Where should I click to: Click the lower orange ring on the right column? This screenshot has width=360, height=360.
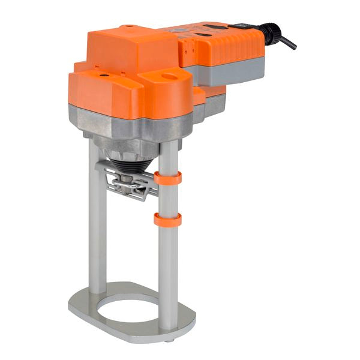pos(167,220)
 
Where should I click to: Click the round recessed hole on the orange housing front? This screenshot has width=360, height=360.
pos(170,77)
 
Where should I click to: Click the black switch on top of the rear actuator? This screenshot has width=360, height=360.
pos(239,25)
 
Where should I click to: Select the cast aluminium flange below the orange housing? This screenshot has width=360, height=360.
pos(126,129)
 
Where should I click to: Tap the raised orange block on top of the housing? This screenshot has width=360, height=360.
pos(132,51)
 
